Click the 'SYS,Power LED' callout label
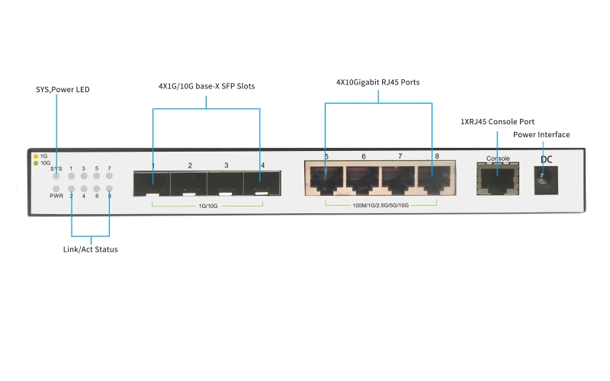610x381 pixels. (x=63, y=89)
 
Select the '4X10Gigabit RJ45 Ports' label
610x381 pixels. (x=378, y=82)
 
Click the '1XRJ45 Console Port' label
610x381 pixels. (x=497, y=121)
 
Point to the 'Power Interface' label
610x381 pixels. (x=541, y=135)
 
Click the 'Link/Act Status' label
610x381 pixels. (x=90, y=249)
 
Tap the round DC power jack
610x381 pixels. (x=543, y=178)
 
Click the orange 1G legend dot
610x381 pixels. (x=35, y=156)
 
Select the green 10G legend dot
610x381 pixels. (x=35, y=163)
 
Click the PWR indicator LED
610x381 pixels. (x=56, y=188)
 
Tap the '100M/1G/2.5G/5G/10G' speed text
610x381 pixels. (x=381, y=206)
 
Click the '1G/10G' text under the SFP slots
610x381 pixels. (x=208, y=206)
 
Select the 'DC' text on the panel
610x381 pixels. (x=546, y=159)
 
